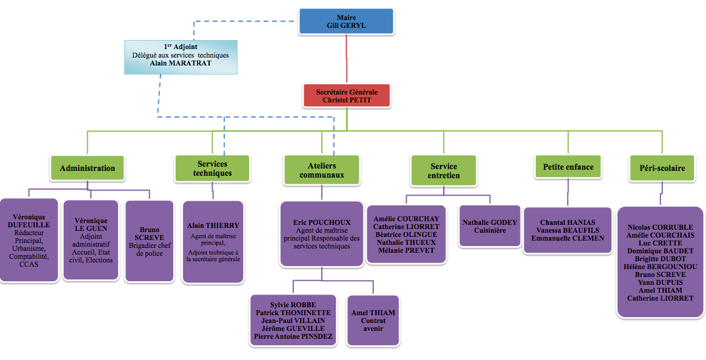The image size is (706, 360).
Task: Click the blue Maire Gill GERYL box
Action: pyautogui.click(x=346, y=22)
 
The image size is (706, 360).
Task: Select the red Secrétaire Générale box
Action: pyautogui.click(x=347, y=96)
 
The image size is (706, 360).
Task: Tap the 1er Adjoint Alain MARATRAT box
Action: pyautogui.click(x=181, y=56)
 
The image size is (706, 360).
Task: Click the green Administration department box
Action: pyautogui.click(x=87, y=168)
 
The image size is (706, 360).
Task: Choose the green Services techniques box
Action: pyautogui.click(x=212, y=168)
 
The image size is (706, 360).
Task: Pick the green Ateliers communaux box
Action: pyautogui.click(x=321, y=170)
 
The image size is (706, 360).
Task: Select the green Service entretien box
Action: pyautogui.click(x=444, y=170)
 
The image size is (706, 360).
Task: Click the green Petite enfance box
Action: pyautogui.click(x=568, y=167)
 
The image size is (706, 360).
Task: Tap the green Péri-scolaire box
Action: pyautogui.click(x=661, y=167)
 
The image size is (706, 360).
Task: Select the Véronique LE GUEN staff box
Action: pyautogui.click(x=91, y=241)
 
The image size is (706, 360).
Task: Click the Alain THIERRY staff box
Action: pyautogui.click(x=213, y=242)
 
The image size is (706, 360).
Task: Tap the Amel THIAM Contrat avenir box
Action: pyautogui.click(x=373, y=320)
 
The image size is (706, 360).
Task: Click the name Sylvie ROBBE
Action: pyautogui.click(x=293, y=305)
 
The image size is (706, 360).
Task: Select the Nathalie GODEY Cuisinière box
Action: pyautogui.click(x=490, y=226)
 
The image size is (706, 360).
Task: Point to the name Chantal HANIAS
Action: pyautogui.click(x=568, y=222)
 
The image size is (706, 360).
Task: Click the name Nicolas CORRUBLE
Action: pyautogui.click(x=661, y=227)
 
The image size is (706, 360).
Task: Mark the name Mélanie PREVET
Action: pyautogui.click(x=406, y=250)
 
